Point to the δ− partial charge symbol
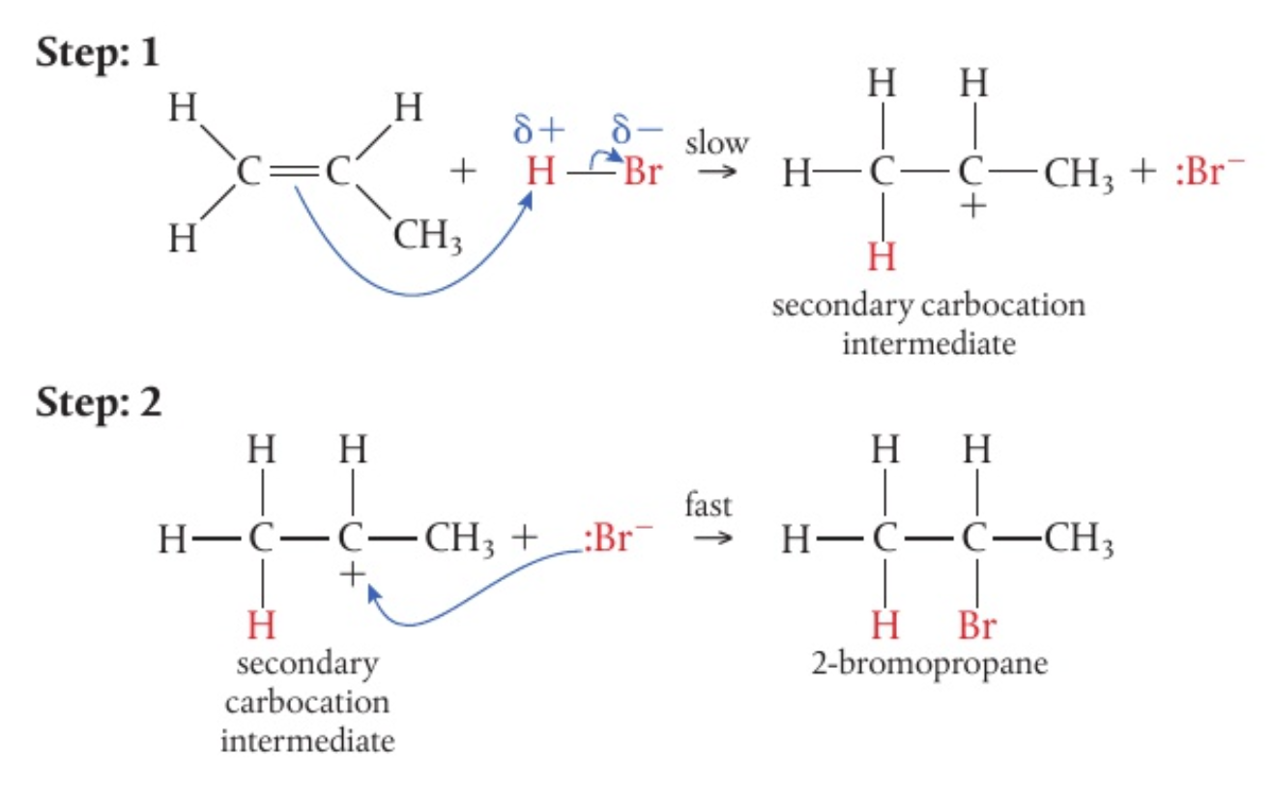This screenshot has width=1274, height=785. [634, 130]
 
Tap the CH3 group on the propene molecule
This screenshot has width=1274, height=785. [426, 235]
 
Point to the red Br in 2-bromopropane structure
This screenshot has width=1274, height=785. [976, 626]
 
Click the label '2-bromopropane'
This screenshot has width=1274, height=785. [929, 665]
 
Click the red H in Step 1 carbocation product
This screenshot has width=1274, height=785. [882, 258]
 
